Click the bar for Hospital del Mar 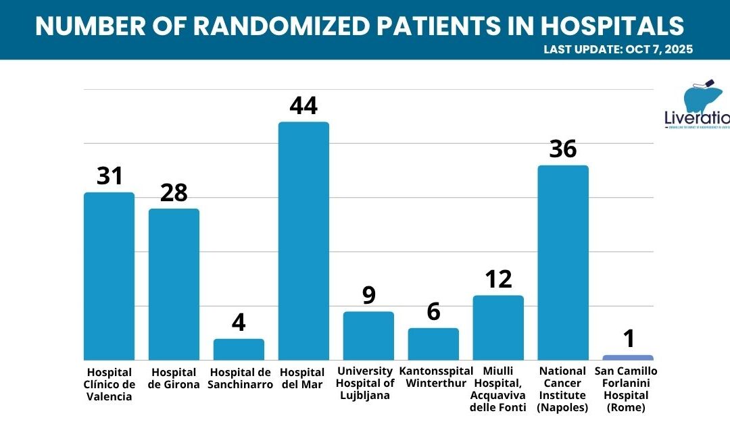[303, 240]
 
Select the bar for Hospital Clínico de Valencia [109, 275]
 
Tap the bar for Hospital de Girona [174, 284]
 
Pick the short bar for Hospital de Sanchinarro [239, 349]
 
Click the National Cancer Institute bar [562, 262]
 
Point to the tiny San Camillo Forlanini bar [628, 357]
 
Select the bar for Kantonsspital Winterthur [433, 344]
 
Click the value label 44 [303, 106]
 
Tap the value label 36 [562, 149]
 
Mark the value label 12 [499, 279]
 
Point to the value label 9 [368, 296]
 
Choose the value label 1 [629, 339]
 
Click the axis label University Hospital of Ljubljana [368, 383]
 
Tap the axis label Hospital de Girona [174, 378]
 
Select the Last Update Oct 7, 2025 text [618, 49]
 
